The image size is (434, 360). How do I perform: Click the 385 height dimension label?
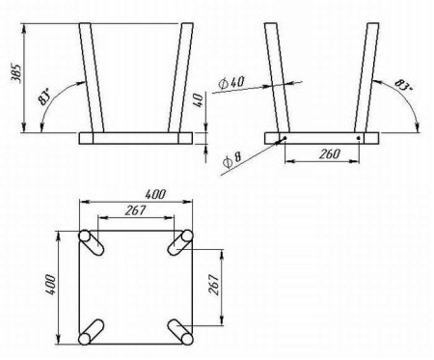pos(16,74)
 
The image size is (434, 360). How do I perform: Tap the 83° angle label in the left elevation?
pos(44,97)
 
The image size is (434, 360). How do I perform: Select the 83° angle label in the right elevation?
pos(403,85)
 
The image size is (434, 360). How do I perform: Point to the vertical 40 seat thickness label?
pos(199,100)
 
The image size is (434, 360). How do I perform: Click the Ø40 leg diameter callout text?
pos(231,83)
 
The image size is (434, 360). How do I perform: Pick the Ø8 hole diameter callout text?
pos(231,159)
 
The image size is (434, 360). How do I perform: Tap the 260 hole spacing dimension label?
pos(329,153)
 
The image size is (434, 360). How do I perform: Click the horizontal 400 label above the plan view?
pos(155,194)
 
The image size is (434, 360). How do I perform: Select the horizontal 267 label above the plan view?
pos(135,210)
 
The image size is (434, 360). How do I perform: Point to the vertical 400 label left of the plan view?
pos(51,285)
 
